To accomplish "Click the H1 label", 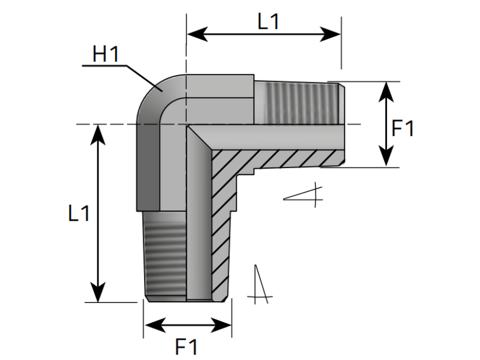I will (x=106, y=55).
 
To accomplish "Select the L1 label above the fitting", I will (x=268, y=22).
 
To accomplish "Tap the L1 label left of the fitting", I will (x=79, y=213).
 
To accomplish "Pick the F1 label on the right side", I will (x=402, y=128).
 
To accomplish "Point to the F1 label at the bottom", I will (x=186, y=346).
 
